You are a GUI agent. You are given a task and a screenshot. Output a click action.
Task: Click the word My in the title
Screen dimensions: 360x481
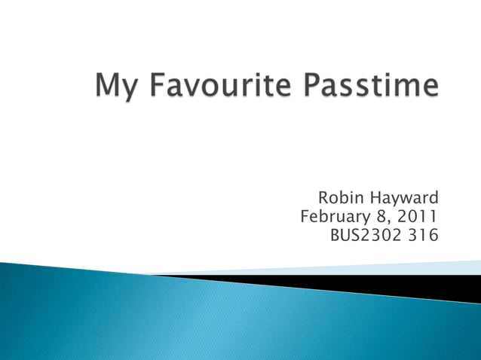pos(115,87)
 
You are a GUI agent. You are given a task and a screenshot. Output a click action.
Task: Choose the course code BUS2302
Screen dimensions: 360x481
pos(366,236)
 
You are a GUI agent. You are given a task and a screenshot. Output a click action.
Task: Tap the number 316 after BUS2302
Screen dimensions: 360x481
pos(422,236)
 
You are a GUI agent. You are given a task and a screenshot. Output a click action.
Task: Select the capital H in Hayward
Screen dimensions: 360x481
pos(375,198)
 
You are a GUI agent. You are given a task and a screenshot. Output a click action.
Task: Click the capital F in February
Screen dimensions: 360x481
pos(305,218)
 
